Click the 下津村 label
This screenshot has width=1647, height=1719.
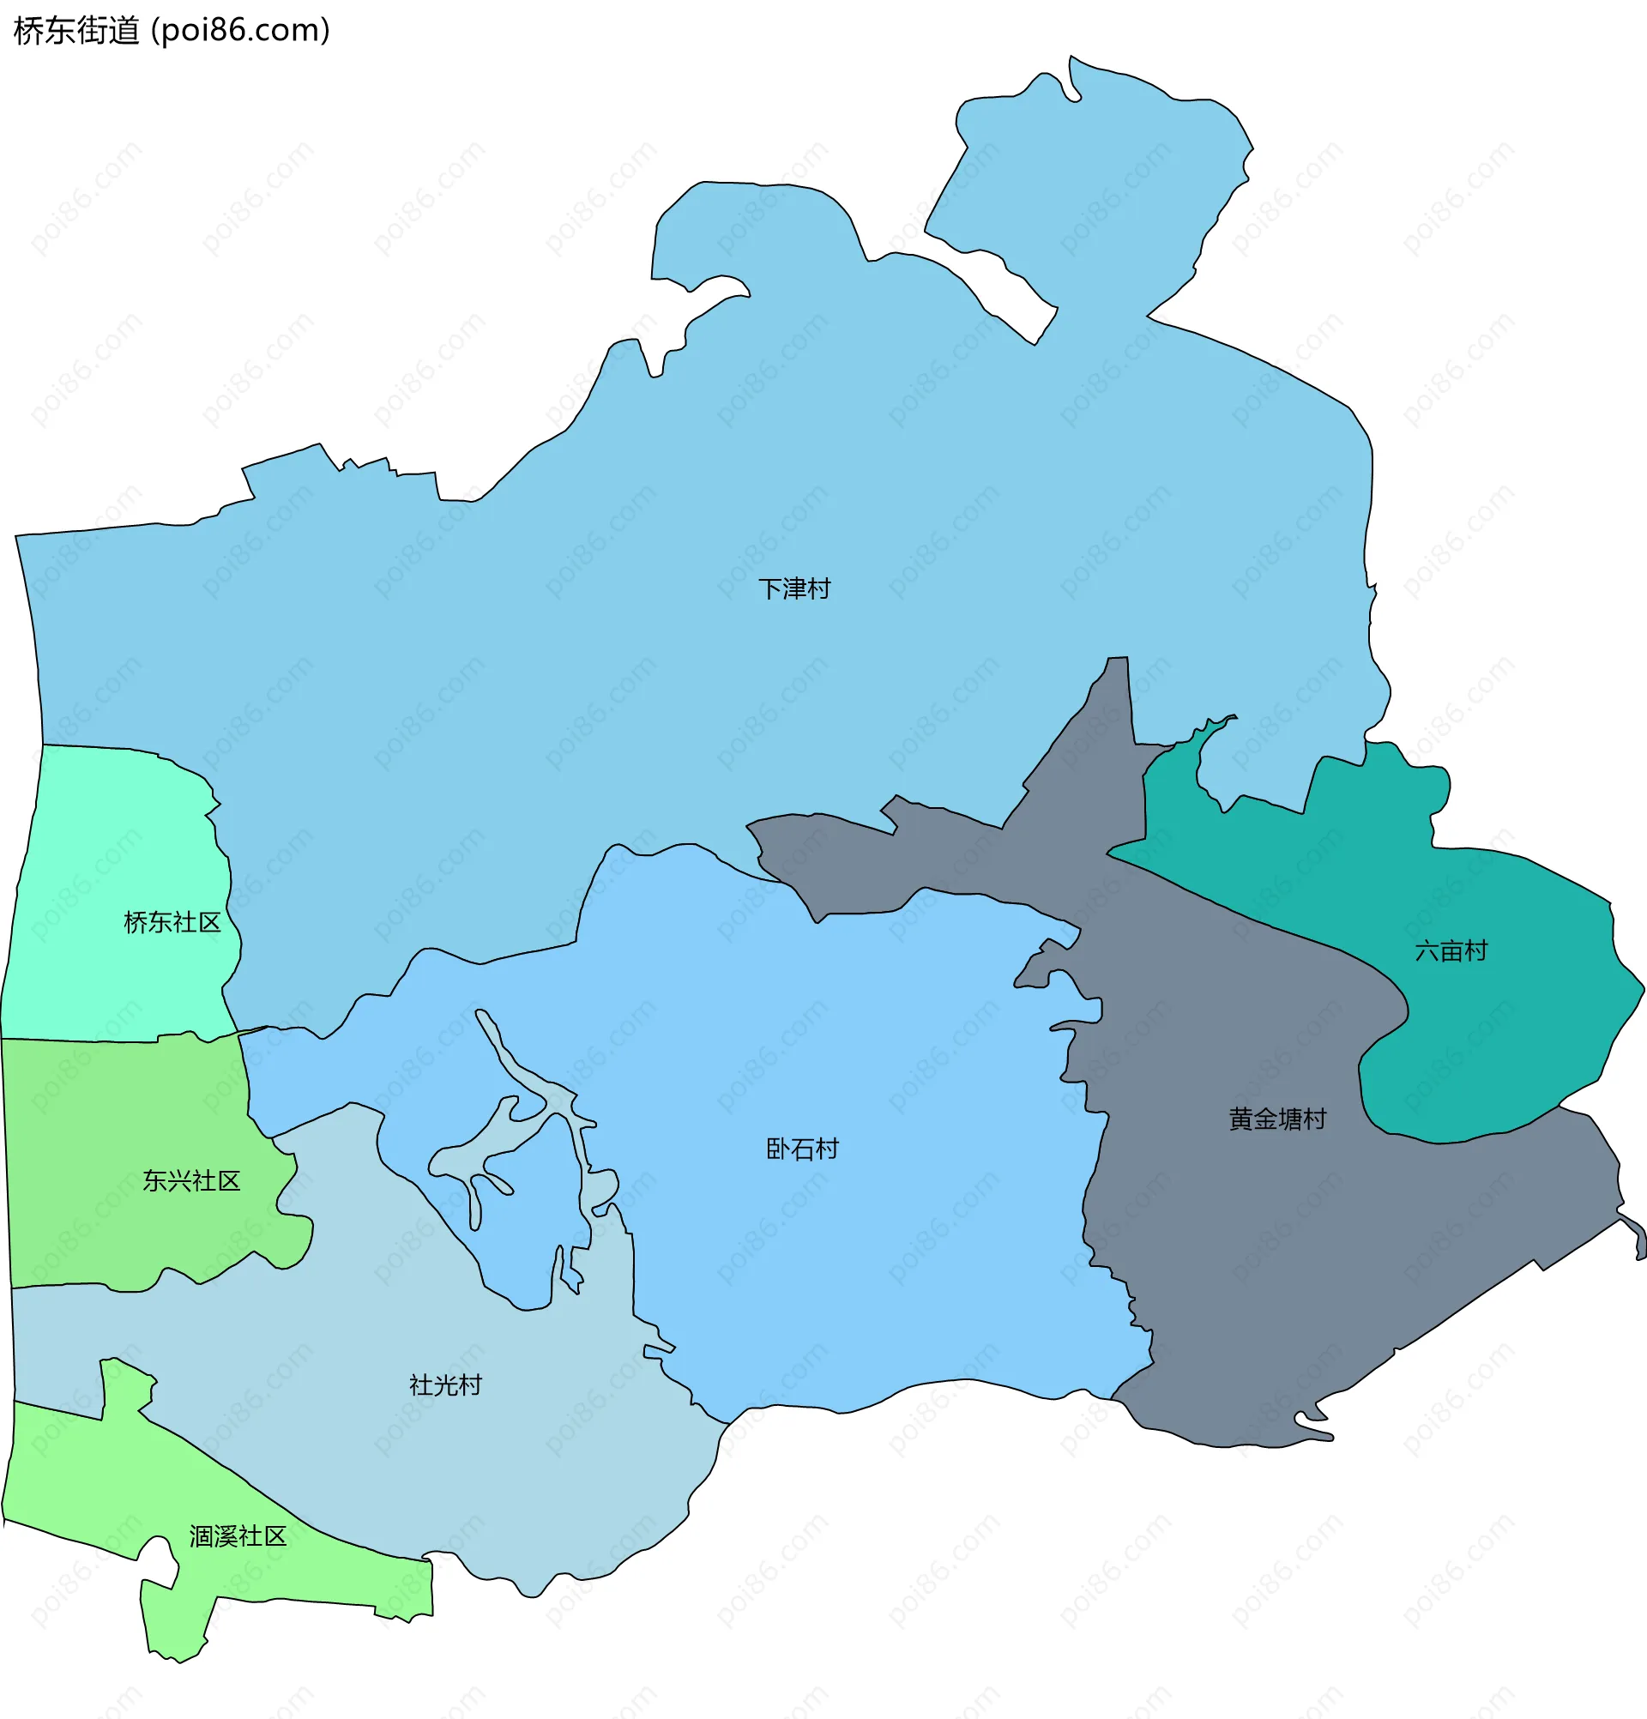pyautogui.click(x=793, y=588)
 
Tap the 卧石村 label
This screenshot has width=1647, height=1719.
pyautogui.click(x=801, y=1149)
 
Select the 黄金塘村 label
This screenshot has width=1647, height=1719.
pyautogui.click(x=1277, y=1119)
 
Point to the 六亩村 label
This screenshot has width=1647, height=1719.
pyautogui.click(x=1451, y=950)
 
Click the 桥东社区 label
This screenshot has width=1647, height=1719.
pyautogui.click(x=172, y=922)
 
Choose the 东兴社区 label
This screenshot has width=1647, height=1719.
pyautogui.click(x=191, y=1180)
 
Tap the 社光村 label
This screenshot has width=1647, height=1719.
pyautogui.click(x=444, y=1384)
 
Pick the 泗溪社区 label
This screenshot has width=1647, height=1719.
pyautogui.click(x=238, y=1535)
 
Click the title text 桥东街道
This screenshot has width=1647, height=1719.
pyautogui.click(x=76, y=31)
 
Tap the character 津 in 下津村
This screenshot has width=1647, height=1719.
pyautogui.click(x=793, y=588)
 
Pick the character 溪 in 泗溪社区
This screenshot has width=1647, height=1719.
pyautogui.click(x=226, y=1535)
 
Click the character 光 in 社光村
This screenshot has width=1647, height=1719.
pyautogui.click(x=444, y=1384)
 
